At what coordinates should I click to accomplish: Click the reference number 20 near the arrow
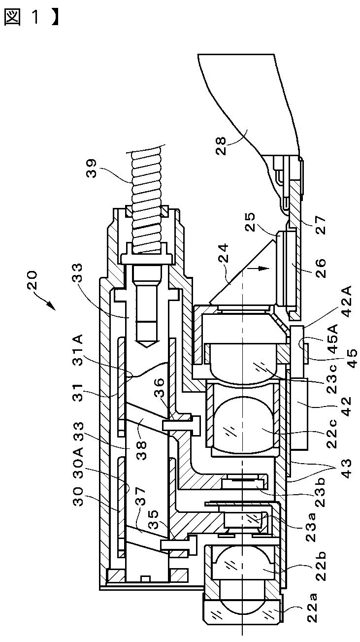[x=33, y=280]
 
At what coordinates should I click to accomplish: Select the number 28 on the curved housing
[x=221, y=146]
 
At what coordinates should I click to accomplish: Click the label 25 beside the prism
[x=250, y=222]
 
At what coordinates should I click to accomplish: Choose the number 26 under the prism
[x=320, y=268]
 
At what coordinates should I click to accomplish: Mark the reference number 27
[x=320, y=225]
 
